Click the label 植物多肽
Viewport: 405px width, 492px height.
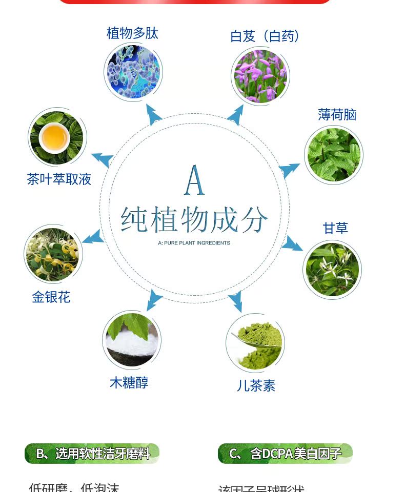[132, 34]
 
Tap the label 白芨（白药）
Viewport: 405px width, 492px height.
[265, 36]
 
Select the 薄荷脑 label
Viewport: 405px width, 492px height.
[337, 115]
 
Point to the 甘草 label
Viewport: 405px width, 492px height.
[335, 228]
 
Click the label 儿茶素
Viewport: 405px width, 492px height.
[256, 386]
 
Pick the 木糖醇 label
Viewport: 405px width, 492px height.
[129, 383]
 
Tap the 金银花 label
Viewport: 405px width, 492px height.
[51, 297]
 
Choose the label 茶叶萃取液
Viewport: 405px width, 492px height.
[59, 179]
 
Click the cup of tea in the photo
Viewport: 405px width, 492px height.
[54, 137]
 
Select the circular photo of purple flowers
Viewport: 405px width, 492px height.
[260, 76]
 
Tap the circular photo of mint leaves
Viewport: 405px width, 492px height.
[334, 155]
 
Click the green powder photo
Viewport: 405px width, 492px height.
[255, 342]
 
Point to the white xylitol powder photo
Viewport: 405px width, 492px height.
[132, 340]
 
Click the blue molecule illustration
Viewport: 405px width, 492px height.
[133, 72]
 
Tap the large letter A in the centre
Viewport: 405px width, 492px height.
[195, 180]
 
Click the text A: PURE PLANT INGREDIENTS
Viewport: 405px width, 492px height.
[194, 243]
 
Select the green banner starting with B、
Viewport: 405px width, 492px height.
[92, 454]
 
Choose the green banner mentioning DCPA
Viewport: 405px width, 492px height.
[285, 454]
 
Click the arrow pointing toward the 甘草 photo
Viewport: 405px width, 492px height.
[292, 243]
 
